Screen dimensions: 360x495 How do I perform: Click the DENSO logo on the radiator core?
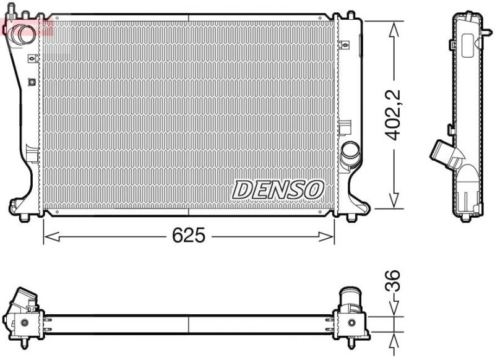tap(278, 190)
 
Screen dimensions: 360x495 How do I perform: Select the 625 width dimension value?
tap(188, 236)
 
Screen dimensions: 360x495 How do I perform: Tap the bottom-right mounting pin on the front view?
tap(352, 217)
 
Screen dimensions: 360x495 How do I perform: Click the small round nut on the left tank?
tap(32, 80)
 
